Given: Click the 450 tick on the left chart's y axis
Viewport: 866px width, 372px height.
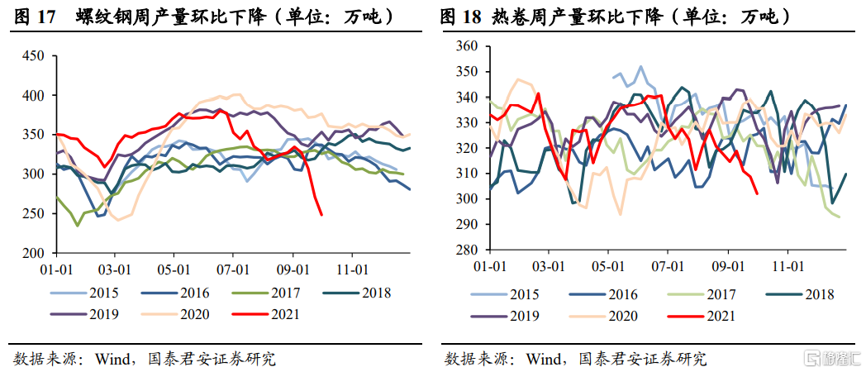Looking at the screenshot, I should click(x=32, y=56).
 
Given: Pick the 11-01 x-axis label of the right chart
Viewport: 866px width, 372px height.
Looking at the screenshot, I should click(x=788, y=266).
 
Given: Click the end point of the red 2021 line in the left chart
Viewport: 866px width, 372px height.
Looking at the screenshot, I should click(x=321, y=215).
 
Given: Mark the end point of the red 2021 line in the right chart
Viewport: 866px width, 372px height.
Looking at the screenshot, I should click(x=758, y=193).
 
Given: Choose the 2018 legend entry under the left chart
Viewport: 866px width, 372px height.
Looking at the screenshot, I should click(x=374, y=292).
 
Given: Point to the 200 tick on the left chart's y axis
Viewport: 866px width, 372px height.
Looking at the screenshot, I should click(x=32, y=252).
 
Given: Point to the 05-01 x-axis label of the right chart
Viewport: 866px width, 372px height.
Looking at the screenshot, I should click(x=608, y=266).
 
